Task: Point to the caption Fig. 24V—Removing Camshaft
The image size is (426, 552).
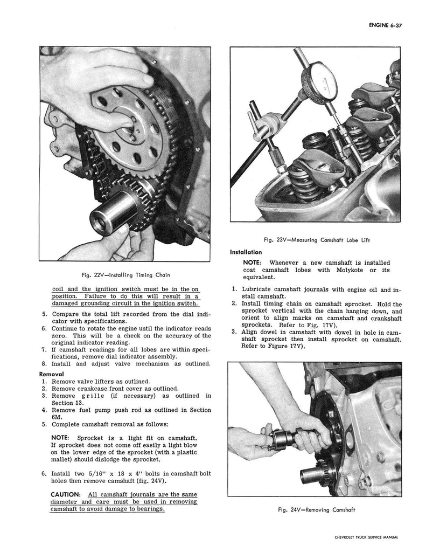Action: [x=311, y=510]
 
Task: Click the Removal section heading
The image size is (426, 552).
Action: [x=52, y=374]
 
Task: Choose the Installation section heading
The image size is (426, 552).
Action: [x=246, y=252]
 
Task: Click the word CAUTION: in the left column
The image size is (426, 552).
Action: [x=66, y=494]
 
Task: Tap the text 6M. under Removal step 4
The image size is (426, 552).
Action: [x=57, y=417]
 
